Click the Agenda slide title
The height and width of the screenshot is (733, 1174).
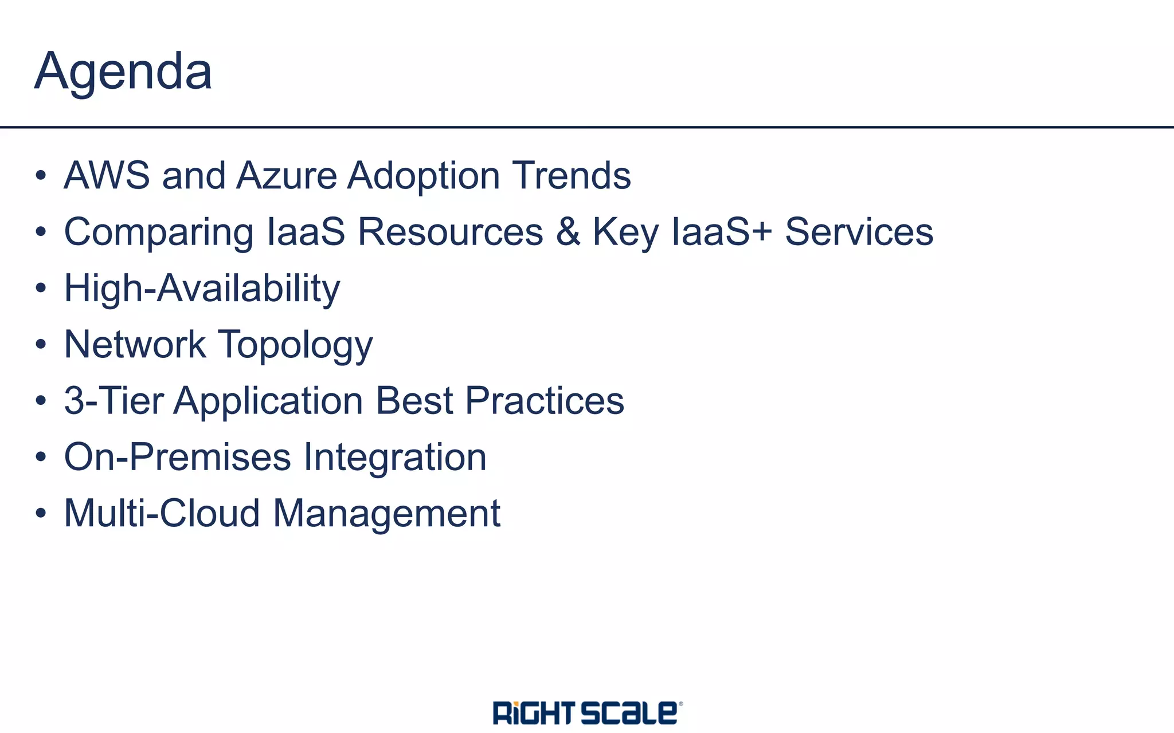click(x=123, y=72)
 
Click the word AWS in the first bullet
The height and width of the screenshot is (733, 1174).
click(x=107, y=175)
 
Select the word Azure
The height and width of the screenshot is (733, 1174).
click(x=287, y=175)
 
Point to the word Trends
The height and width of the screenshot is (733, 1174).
click(x=571, y=175)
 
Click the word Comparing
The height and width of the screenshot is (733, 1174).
click(x=159, y=232)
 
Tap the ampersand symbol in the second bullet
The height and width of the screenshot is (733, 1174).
click(x=568, y=231)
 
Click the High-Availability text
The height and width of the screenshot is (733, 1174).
click(x=202, y=288)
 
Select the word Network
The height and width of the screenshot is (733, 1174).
click(x=135, y=345)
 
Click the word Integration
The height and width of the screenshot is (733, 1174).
click(x=394, y=457)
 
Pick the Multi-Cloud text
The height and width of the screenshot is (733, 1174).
click(x=162, y=513)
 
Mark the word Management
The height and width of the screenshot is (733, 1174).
click(x=386, y=514)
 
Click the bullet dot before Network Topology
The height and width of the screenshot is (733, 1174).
click(x=40, y=345)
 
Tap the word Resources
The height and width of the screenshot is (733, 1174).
click(x=451, y=231)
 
